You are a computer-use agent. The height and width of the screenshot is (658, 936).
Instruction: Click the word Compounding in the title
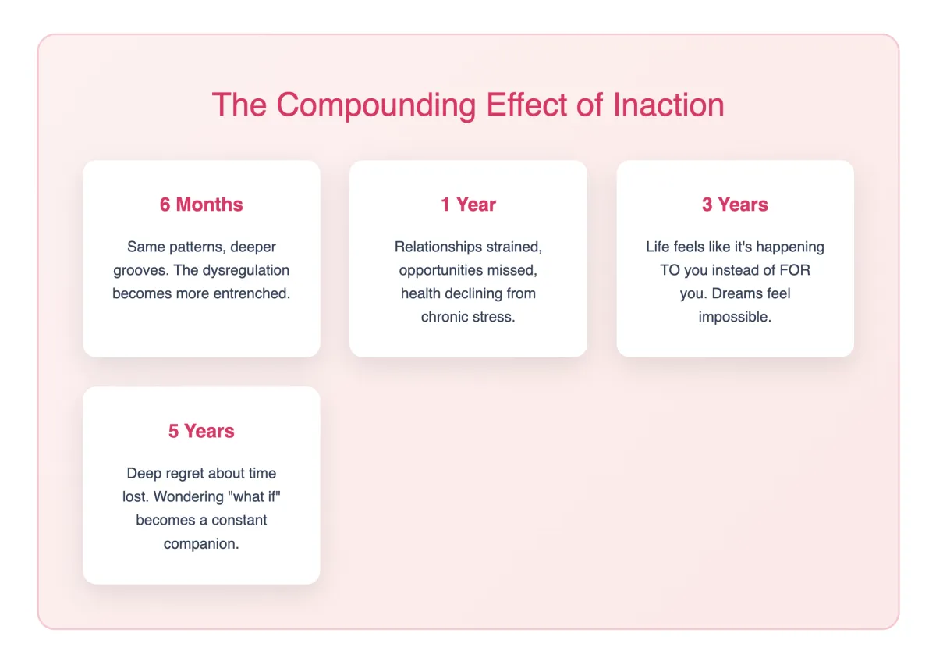coord(376,105)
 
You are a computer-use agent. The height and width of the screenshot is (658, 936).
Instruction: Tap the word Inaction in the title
coord(668,105)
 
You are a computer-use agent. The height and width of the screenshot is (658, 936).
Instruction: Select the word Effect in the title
coord(526,105)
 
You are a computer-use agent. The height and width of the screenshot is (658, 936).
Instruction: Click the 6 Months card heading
coord(201,205)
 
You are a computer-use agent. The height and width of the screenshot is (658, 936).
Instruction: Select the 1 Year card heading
coord(469,205)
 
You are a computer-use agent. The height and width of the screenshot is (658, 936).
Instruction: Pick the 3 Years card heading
coord(735,205)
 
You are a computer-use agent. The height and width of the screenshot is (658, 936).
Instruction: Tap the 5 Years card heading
coord(201,431)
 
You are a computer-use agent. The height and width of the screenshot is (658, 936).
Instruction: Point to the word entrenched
coord(252,293)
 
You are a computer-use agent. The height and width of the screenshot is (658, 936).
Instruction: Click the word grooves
coord(141,271)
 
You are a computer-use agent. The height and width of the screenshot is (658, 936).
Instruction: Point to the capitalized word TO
coord(670,270)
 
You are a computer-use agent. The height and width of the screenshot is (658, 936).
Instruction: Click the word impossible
coord(735,318)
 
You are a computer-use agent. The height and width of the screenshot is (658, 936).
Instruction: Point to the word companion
coord(201,544)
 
